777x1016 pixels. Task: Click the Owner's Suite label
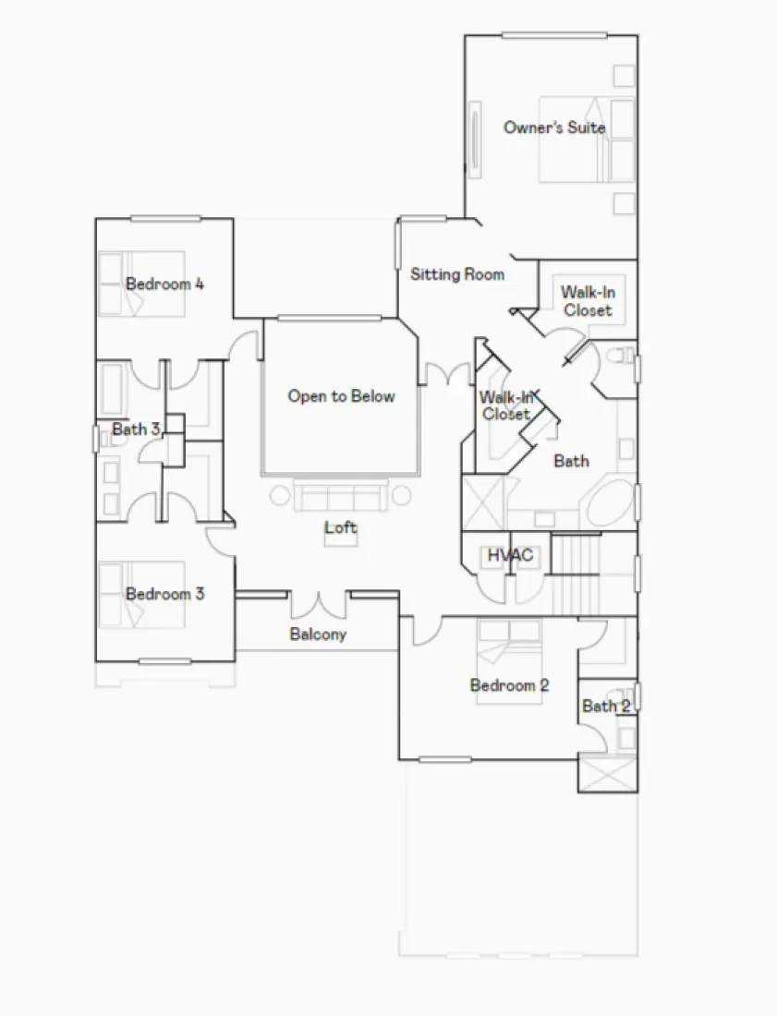[554, 127]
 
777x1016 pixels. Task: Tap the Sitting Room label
[457, 274]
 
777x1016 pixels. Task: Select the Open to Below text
[341, 396]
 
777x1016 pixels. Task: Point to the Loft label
[340, 528]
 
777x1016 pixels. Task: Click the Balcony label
[318, 635]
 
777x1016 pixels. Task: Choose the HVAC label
[510, 556]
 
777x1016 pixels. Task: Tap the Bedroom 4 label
[164, 284]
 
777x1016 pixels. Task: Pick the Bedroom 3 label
[164, 594]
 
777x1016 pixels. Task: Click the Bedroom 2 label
[509, 685]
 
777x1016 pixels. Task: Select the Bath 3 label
[137, 429]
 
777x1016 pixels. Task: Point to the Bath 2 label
[606, 707]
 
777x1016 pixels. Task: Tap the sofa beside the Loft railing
[340, 497]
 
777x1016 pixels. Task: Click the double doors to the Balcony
[319, 605]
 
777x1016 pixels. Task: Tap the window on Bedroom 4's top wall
[165, 219]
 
